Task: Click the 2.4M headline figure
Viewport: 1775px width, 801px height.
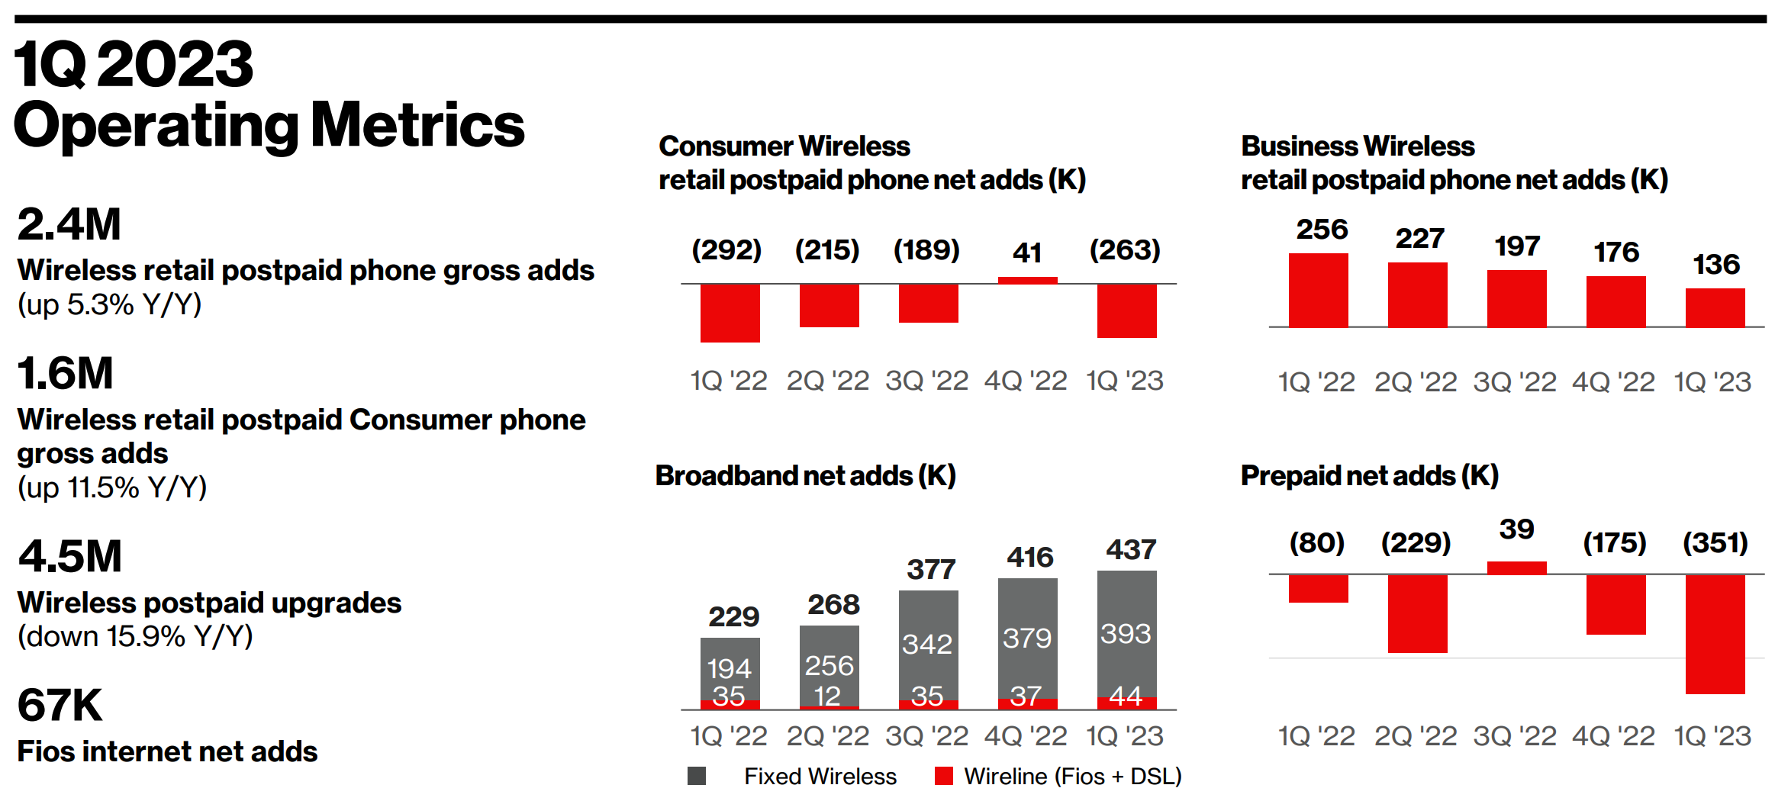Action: pyautogui.click(x=69, y=225)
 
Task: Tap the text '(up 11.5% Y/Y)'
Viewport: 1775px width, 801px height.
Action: pyautogui.click(x=112, y=487)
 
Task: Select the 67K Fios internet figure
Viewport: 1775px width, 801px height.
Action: pyautogui.click(x=60, y=705)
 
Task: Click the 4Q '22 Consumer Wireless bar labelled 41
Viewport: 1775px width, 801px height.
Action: pyautogui.click(x=1027, y=280)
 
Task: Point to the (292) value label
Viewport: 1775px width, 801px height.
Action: pyautogui.click(x=726, y=250)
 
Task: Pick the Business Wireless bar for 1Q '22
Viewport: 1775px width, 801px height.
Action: pyautogui.click(x=1318, y=291)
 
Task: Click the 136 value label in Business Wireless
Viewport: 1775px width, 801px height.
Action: pyautogui.click(x=1716, y=265)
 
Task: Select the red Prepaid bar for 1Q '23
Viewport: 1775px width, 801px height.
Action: pyautogui.click(x=1715, y=634)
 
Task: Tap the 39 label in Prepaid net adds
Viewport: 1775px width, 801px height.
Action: pyautogui.click(x=1516, y=529)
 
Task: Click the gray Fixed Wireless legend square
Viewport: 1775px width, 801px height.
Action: pyautogui.click(x=696, y=776)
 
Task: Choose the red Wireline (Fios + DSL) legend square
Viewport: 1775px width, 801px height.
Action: pyautogui.click(x=944, y=776)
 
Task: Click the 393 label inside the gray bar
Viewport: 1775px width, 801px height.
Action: pyautogui.click(x=1126, y=633)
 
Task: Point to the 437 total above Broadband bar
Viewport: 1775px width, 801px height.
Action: pyautogui.click(x=1131, y=549)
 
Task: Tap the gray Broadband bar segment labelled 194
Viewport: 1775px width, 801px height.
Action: pyautogui.click(x=730, y=668)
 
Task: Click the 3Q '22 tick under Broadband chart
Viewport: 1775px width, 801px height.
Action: pyautogui.click(x=926, y=736)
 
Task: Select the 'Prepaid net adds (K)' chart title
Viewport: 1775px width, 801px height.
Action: pyautogui.click(x=1369, y=475)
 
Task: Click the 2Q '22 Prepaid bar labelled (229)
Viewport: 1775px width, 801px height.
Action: pyautogui.click(x=1417, y=613)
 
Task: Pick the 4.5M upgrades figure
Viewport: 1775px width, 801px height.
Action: pyautogui.click(x=70, y=556)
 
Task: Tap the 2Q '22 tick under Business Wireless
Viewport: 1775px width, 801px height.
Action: pyautogui.click(x=1416, y=382)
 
